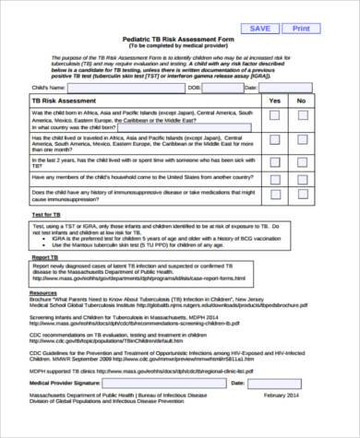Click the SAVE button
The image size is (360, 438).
[x=260, y=29]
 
